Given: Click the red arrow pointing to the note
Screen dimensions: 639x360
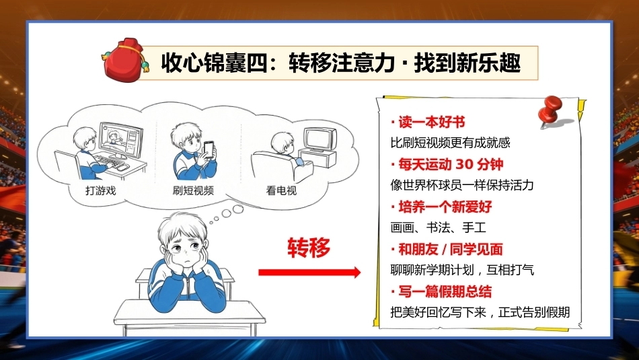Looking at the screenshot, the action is pos(309,272).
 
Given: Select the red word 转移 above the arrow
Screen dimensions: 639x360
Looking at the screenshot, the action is pos(309,248).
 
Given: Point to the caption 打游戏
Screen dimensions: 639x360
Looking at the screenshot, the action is pos(101,190).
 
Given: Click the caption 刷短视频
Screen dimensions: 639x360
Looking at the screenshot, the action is pos(193,190).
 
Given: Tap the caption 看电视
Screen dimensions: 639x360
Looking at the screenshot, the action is pos(281,190).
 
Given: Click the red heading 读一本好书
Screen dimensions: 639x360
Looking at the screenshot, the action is pos(428,122).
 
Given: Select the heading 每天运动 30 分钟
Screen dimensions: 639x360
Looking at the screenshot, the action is pos(447,164).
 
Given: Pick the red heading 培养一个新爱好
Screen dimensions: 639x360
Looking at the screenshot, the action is pos(441,207).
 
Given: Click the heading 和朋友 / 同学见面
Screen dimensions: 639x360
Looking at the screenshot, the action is pos(447,249).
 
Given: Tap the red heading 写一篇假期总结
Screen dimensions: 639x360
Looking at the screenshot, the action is pos(441,291).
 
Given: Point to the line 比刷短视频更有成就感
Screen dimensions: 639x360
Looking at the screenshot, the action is pos(450,143).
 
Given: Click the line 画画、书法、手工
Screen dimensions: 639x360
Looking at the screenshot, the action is pos(439,227).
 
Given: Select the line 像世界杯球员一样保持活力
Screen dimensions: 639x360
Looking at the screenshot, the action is pos(462,185).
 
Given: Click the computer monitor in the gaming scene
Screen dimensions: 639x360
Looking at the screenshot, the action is pos(121,140).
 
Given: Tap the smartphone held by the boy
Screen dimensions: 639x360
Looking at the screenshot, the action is pos(209,149).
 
